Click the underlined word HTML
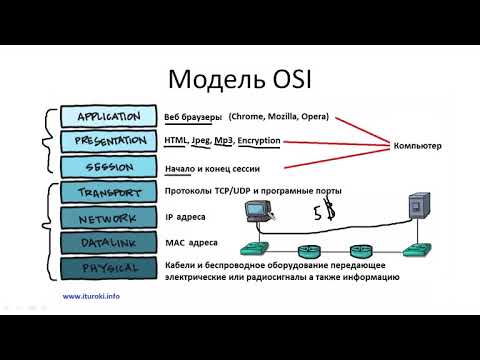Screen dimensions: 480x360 tap(176, 141)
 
